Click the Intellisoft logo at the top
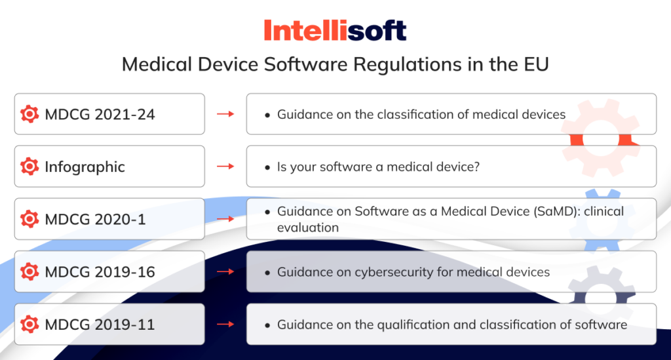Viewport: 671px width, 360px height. click(335, 30)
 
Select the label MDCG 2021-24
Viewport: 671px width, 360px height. click(100, 114)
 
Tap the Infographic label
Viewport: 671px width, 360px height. click(85, 167)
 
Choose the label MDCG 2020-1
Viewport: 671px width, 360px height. click(95, 219)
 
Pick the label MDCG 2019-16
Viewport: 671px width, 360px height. click(100, 271)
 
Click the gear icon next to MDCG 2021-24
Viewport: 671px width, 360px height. click(29, 114)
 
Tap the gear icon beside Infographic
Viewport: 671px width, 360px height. click(29, 167)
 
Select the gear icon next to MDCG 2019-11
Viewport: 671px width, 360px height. click(29, 324)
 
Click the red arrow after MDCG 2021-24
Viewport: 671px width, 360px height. click(225, 114)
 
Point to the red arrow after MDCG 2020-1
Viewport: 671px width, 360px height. click(225, 219)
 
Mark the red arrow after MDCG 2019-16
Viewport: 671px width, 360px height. click(225, 271)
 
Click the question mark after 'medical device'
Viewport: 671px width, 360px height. click(477, 167)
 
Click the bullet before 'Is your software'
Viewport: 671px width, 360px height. click(267, 167)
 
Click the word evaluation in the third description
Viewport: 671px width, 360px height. click(308, 228)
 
